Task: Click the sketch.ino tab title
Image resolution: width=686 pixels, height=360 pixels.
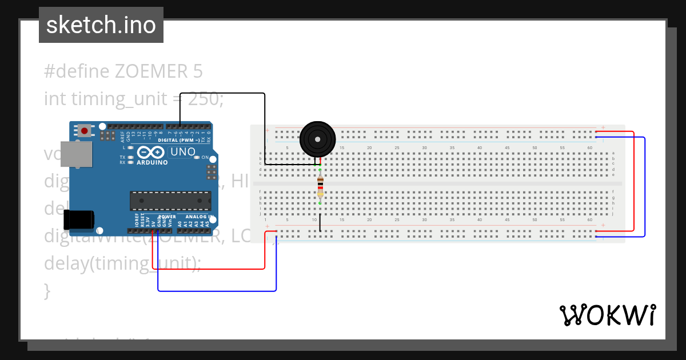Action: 101,25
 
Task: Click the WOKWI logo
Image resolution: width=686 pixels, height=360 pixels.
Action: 607,315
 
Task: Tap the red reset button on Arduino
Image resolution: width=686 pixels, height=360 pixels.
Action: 85,131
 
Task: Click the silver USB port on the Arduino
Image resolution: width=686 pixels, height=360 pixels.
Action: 76,154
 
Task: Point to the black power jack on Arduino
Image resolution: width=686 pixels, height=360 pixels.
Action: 78,219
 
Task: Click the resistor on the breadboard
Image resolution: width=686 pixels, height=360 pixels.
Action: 320,186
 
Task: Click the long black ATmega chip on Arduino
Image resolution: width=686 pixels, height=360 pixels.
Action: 170,201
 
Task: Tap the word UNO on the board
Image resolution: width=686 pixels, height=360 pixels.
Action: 183,153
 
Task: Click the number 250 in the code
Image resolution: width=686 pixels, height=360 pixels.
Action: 204,99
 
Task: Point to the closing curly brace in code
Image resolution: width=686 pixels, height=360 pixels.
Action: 47,290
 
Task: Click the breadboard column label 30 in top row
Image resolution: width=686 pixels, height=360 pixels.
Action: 424,148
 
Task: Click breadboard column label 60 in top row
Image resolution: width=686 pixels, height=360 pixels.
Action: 589,148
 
